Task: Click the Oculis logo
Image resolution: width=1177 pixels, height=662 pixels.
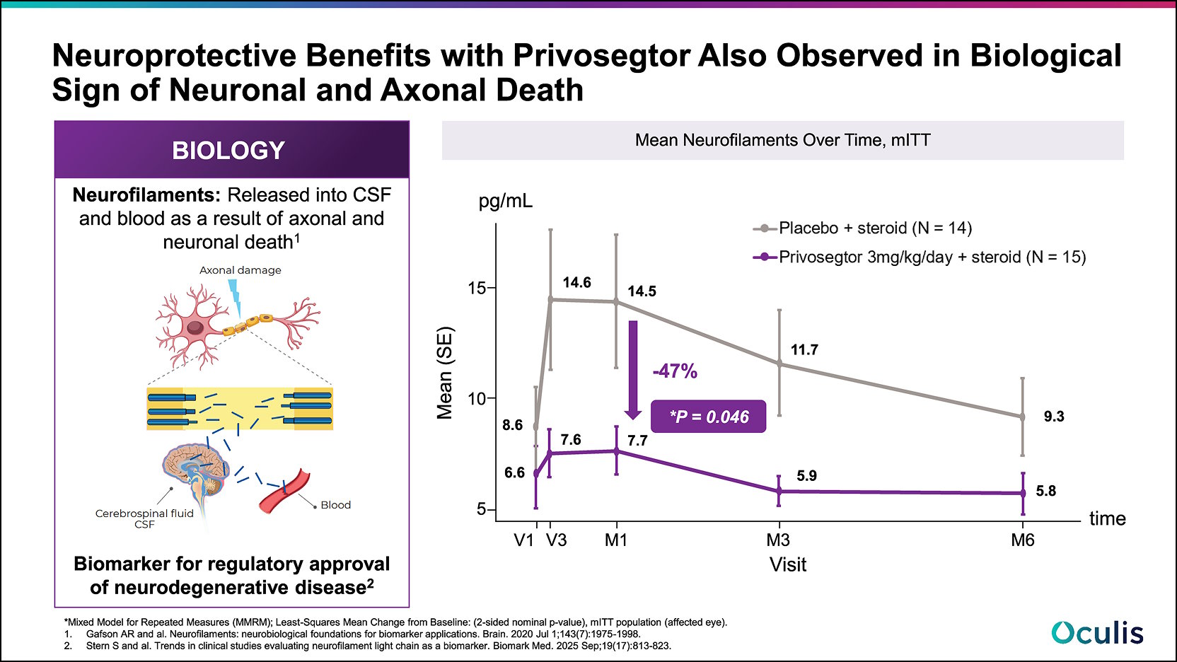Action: (1097, 632)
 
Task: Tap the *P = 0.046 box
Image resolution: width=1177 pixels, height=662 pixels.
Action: (708, 417)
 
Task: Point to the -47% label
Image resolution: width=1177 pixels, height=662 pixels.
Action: (675, 371)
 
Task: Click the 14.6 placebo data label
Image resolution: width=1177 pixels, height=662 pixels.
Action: (576, 282)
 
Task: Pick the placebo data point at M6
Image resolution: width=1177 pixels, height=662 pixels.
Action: (1022, 417)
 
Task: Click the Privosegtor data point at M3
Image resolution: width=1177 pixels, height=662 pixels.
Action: (779, 491)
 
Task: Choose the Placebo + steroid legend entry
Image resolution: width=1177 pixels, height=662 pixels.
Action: (863, 228)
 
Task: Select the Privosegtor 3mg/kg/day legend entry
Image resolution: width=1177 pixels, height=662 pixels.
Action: (920, 257)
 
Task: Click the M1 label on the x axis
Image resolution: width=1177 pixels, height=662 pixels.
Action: (615, 540)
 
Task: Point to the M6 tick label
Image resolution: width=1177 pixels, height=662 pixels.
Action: (1022, 540)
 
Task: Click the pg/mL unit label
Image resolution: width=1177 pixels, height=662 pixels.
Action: (505, 201)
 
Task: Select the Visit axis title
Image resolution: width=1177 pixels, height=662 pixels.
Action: (787, 564)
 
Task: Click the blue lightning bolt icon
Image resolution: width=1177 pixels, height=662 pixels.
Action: (234, 297)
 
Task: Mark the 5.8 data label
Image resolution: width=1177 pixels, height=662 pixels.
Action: (1045, 491)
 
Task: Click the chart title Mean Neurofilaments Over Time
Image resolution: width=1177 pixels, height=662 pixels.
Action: (782, 140)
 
